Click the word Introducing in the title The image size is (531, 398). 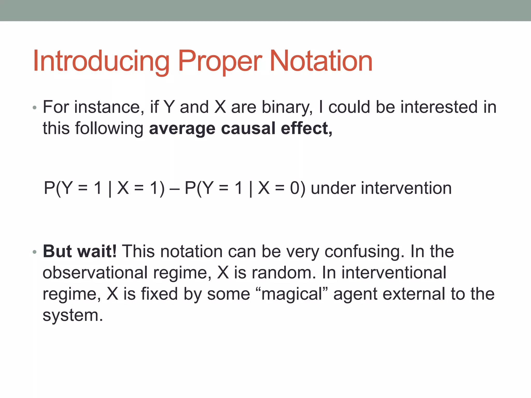pyautogui.click(x=101, y=62)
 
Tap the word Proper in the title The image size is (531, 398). pyautogui.click(x=220, y=62)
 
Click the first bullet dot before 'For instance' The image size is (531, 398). pyautogui.click(x=35, y=108)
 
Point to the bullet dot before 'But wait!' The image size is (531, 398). pyautogui.click(x=35, y=252)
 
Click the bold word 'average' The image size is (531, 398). pyautogui.click(x=182, y=129)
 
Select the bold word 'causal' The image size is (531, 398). pyautogui.click(x=248, y=129)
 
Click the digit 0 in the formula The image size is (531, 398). pyautogui.click(x=295, y=188)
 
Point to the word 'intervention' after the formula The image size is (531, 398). pyautogui.click(x=406, y=188)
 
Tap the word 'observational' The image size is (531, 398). pyautogui.click(x=95, y=273)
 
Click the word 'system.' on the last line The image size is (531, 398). pyautogui.click(x=73, y=316)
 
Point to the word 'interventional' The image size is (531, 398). pyautogui.click(x=394, y=273)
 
